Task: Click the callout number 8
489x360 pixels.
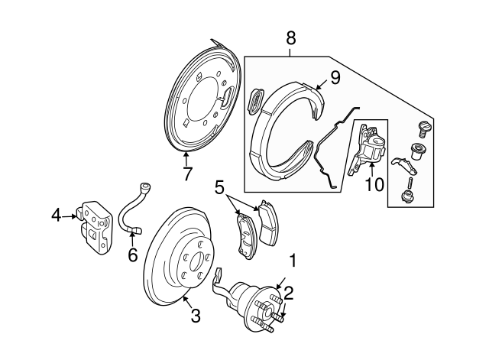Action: [x=291, y=36]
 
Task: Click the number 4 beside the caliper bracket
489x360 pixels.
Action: [x=56, y=216]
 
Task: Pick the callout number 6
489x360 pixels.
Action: [x=132, y=255]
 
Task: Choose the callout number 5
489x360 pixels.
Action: [x=219, y=186]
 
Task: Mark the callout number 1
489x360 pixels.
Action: [x=290, y=261]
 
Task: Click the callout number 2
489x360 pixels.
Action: [x=289, y=291]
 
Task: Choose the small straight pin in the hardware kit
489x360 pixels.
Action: [x=411, y=182]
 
